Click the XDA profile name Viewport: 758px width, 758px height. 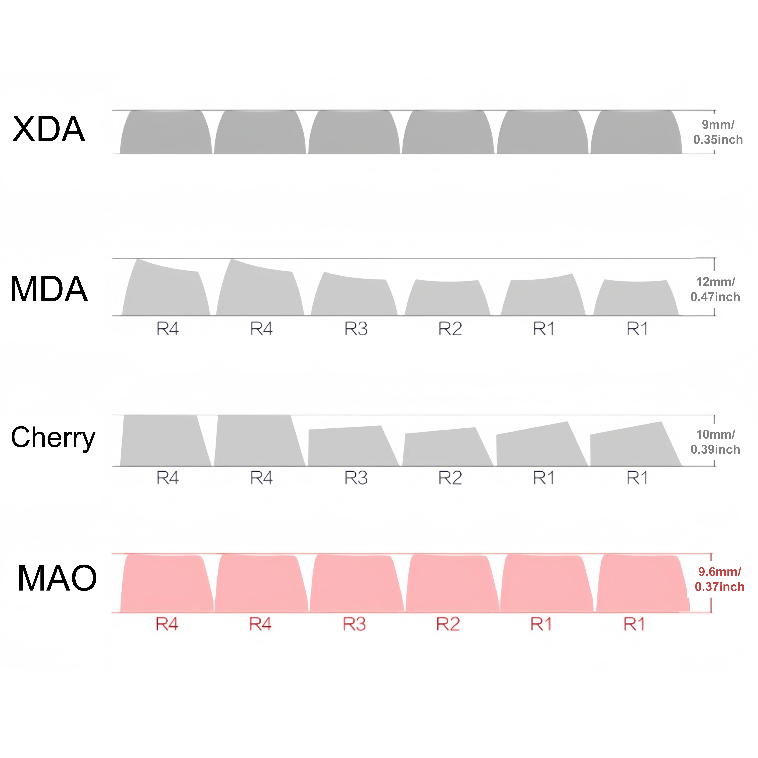point(49,129)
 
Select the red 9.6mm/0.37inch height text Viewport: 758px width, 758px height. point(719,579)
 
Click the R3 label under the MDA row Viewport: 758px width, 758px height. point(356,329)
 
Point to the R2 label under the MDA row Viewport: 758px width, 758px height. point(450,329)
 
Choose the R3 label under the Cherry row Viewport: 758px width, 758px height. point(356,478)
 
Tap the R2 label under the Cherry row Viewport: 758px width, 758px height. point(450,478)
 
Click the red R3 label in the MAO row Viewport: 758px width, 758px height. point(354,624)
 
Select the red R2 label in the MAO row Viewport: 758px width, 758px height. point(448,624)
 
